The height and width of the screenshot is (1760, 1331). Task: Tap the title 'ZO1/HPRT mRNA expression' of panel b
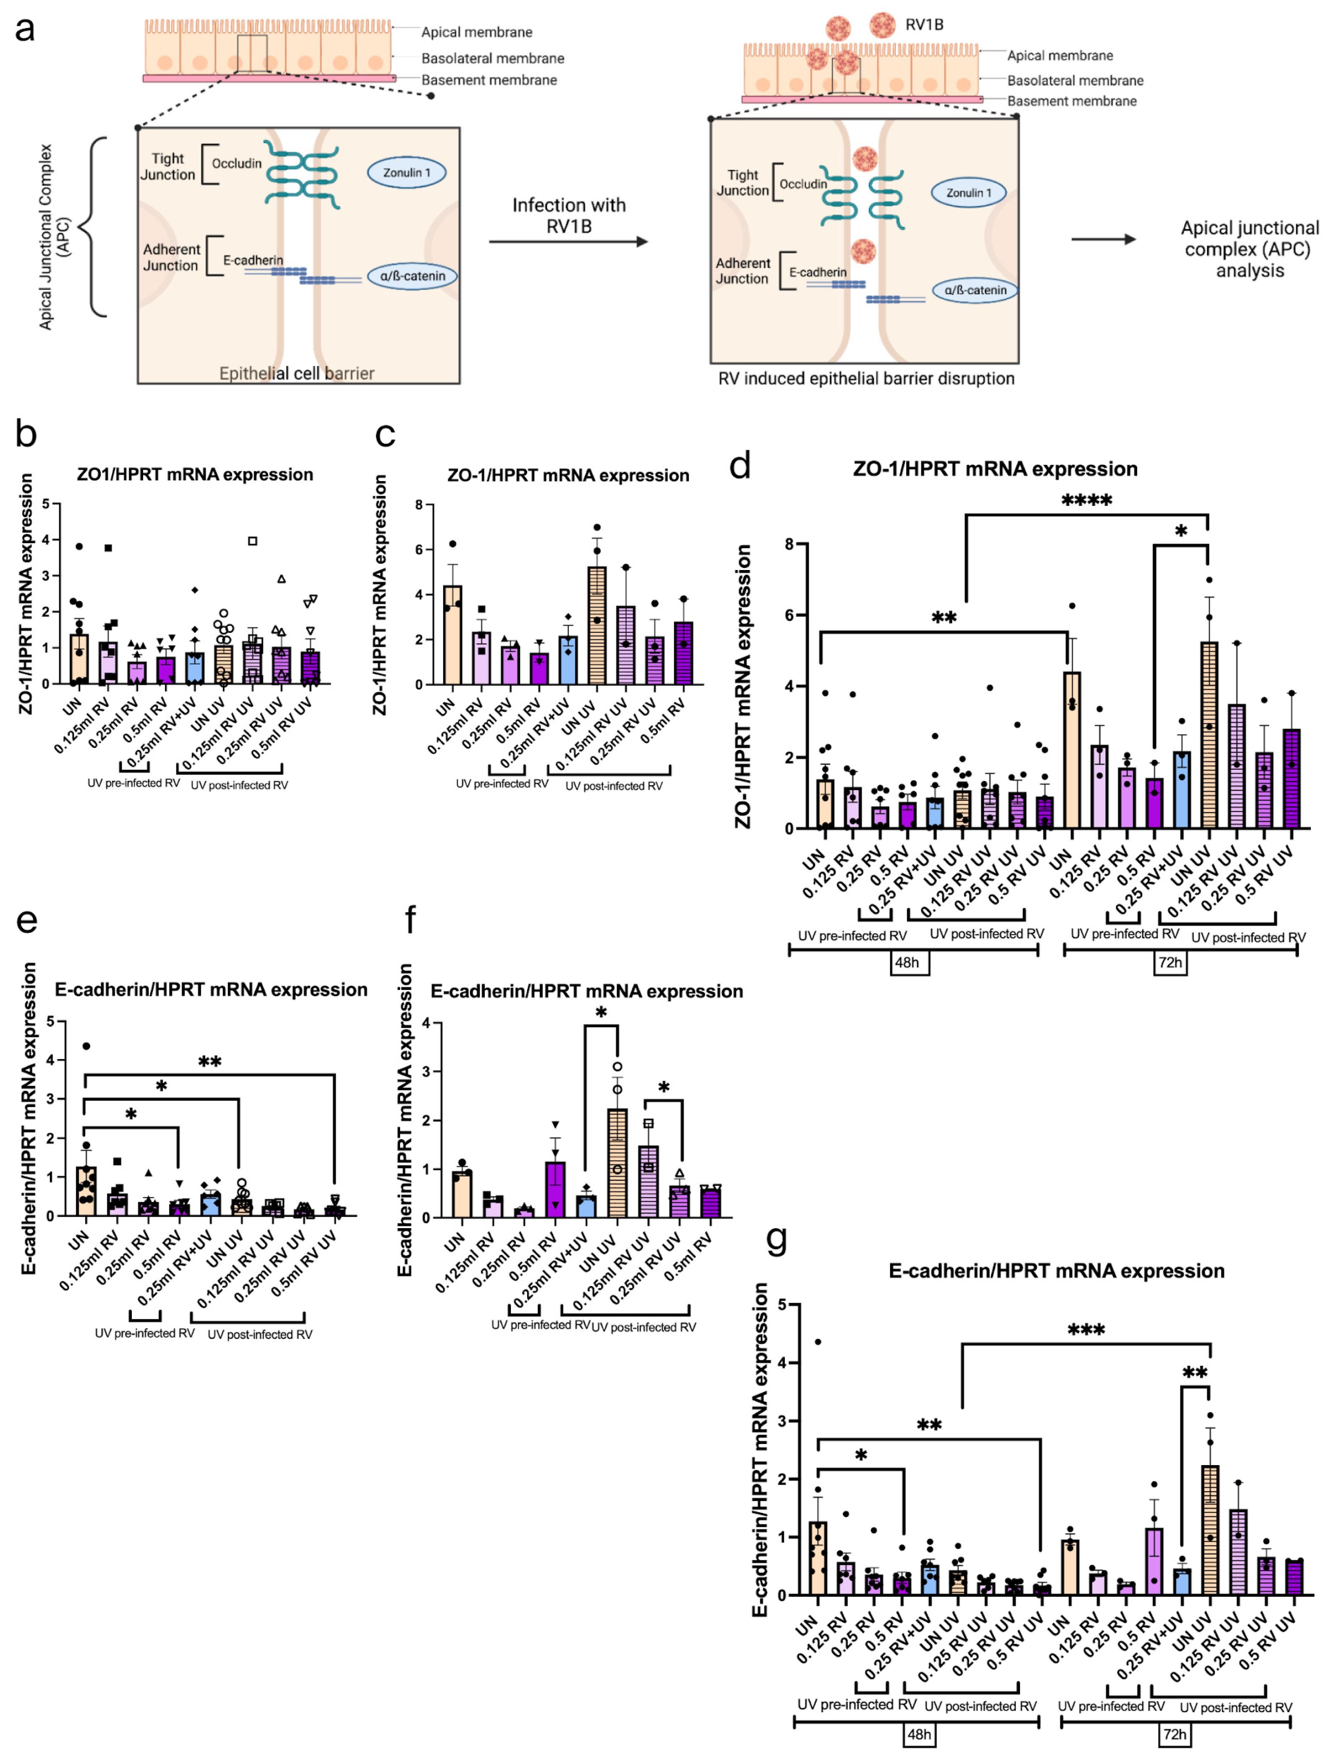click(195, 474)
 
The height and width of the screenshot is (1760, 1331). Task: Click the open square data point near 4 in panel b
click(252, 541)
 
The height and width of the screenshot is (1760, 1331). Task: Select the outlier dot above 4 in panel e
click(86, 1046)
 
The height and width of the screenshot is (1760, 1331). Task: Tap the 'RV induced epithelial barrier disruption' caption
click(866, 379)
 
